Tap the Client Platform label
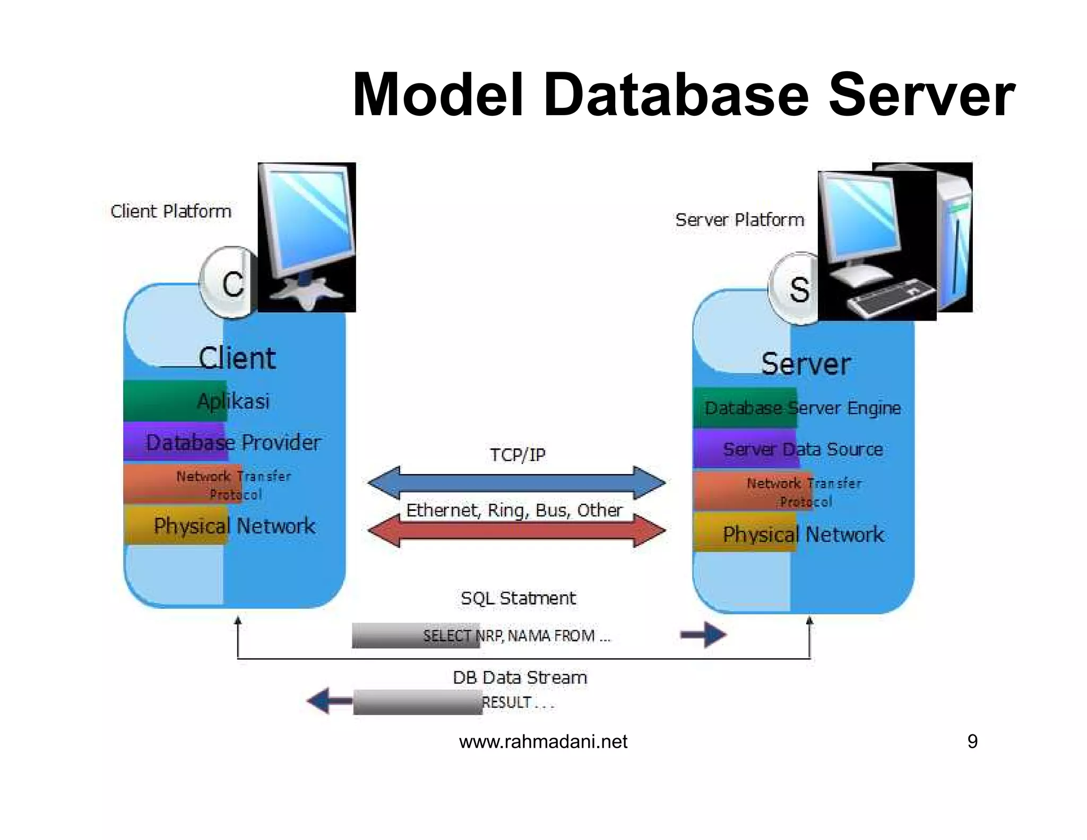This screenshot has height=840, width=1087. tap(170, 211)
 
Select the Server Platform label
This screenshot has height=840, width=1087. tap(739, 220)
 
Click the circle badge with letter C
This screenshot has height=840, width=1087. tap(229, 283)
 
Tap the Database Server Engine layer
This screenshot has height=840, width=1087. tap(802, 408)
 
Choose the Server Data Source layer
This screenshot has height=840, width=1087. tap(802, 449)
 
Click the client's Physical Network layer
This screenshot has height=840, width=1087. tap(234, 526)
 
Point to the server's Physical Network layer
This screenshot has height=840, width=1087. tap(802, 534)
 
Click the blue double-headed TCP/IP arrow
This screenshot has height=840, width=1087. tap(516, 482)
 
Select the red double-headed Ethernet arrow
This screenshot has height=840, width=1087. tap(516, 531)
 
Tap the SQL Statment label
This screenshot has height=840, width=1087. tap(517, 598)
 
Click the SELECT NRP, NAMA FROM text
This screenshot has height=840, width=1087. tap(516, 636)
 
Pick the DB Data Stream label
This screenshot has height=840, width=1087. tap(520, 678)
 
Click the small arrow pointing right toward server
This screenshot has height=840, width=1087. tap(703, 635)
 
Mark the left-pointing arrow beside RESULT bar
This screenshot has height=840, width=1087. tap(329, 701)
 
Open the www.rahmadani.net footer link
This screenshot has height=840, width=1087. tap(543, 741)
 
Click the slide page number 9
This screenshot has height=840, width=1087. tap(972, 741)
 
